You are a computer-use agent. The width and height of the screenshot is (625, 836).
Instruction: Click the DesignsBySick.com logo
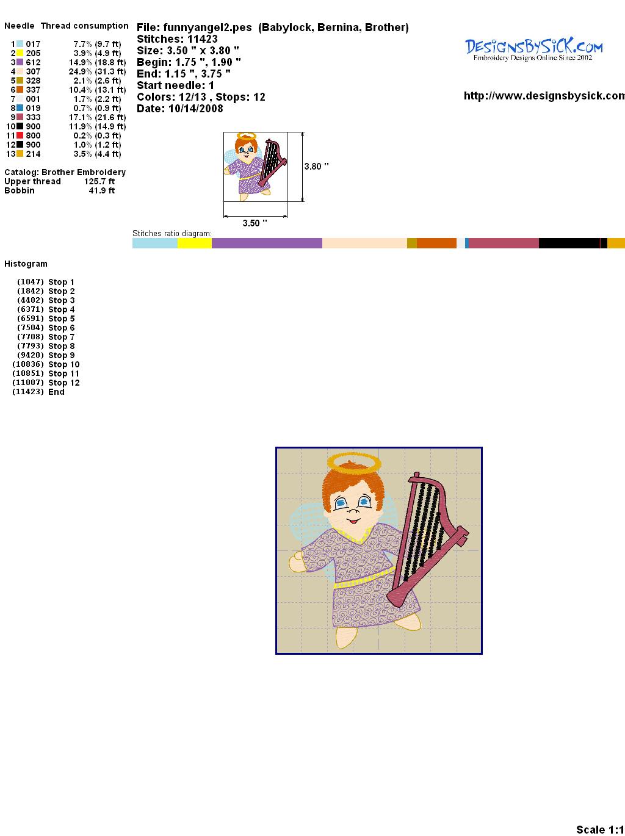point(533,49)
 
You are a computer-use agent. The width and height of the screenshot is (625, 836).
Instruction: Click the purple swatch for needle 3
point(20,62)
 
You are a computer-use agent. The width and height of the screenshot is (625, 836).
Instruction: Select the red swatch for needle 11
point(20,135)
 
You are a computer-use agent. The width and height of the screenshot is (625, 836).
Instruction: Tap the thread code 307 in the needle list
point(33,71)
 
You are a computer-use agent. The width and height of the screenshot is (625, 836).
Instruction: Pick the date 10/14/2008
point(196,109)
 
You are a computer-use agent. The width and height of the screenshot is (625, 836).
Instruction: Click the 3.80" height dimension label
point(316,167)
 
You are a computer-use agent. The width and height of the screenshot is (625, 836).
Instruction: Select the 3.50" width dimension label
point(255,223)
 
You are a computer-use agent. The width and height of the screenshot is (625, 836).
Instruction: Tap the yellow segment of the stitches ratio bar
point(195,243)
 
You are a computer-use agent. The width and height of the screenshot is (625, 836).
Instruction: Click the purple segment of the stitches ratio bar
point(267,243)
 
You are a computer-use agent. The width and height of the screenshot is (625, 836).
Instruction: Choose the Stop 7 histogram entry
point(61,337)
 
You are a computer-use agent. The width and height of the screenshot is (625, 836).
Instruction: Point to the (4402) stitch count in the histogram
point(31,300)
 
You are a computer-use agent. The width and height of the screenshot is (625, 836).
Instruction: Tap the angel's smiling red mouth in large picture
point(353,521)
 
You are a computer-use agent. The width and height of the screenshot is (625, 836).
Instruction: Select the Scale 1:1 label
point(600,829)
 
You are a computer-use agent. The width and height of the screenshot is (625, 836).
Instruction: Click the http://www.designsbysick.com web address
point(544,96)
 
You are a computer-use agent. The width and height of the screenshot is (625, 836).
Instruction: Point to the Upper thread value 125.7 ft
point(99,181)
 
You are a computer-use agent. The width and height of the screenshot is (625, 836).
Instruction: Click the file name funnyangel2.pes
point(208,27)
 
